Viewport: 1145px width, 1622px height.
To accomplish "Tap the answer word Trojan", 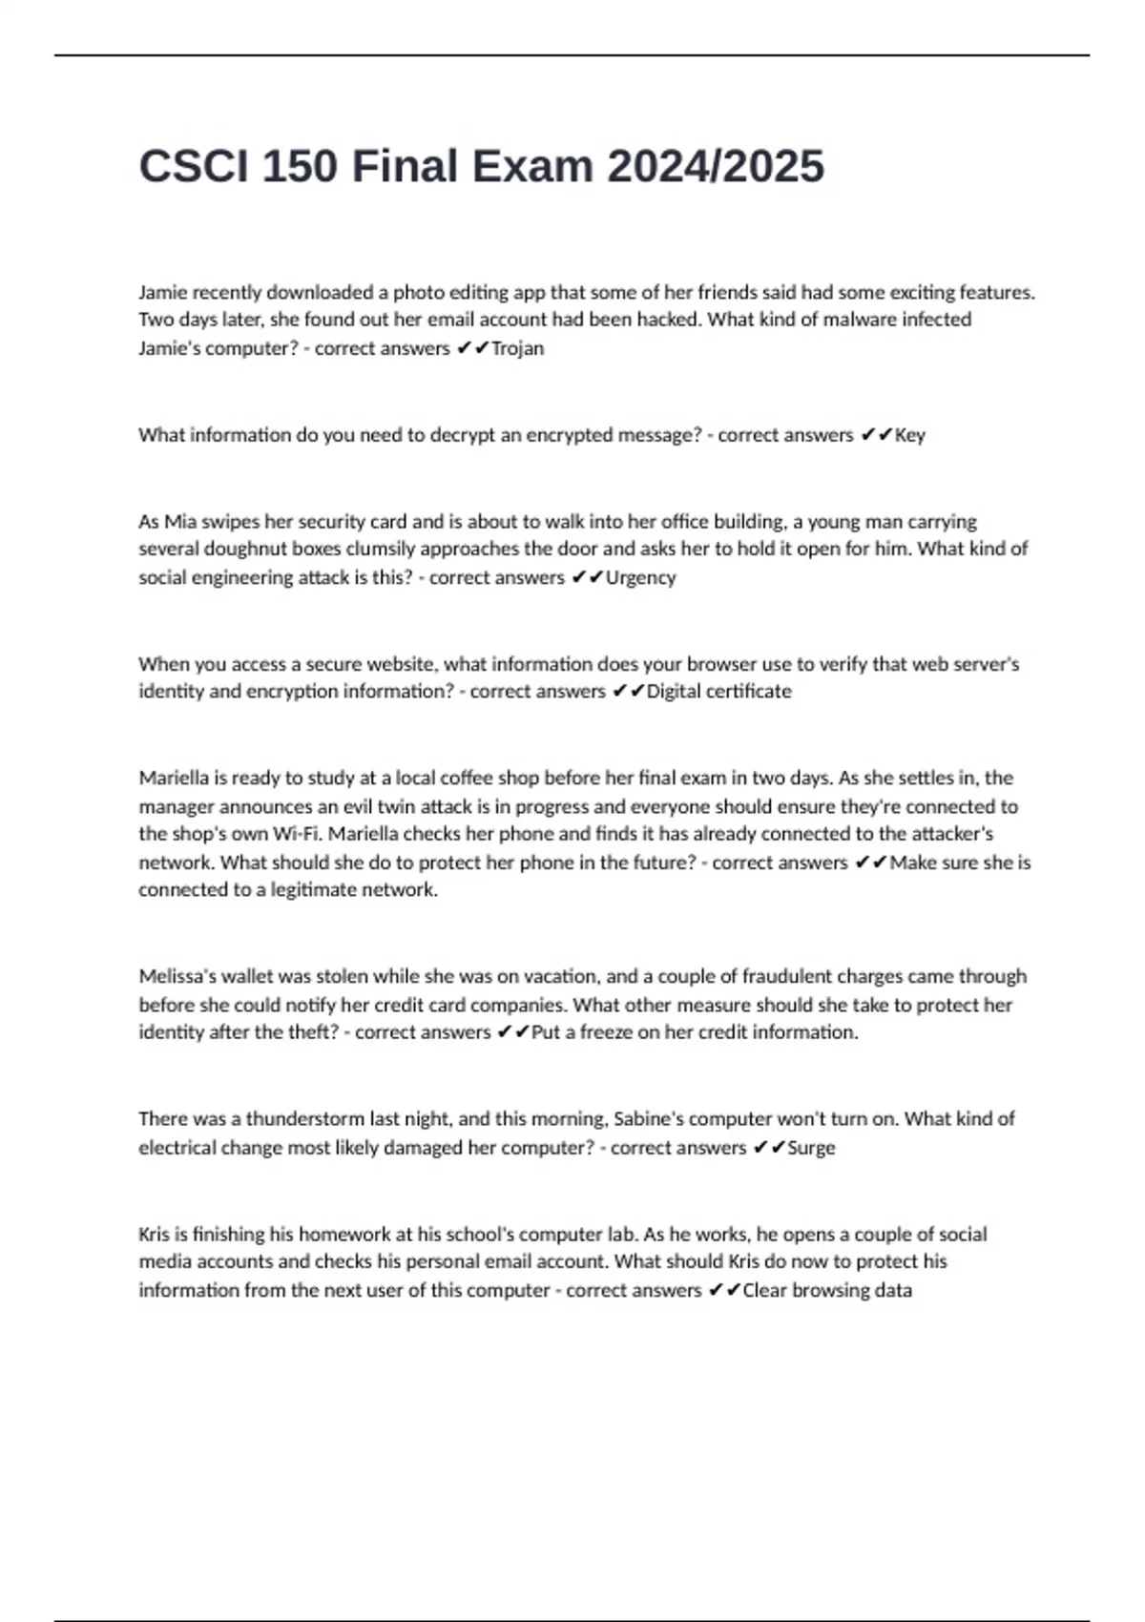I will coord(517,348).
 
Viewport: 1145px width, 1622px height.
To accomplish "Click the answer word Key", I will coord(910,435).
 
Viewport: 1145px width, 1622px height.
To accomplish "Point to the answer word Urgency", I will coord(640,577).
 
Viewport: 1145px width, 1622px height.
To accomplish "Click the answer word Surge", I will coord(811,1147).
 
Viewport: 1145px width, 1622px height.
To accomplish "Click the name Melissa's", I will coord(177,976).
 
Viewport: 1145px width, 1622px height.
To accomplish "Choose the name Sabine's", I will coord(649,1118).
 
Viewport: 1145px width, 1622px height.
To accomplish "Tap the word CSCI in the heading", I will coord(193,167).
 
